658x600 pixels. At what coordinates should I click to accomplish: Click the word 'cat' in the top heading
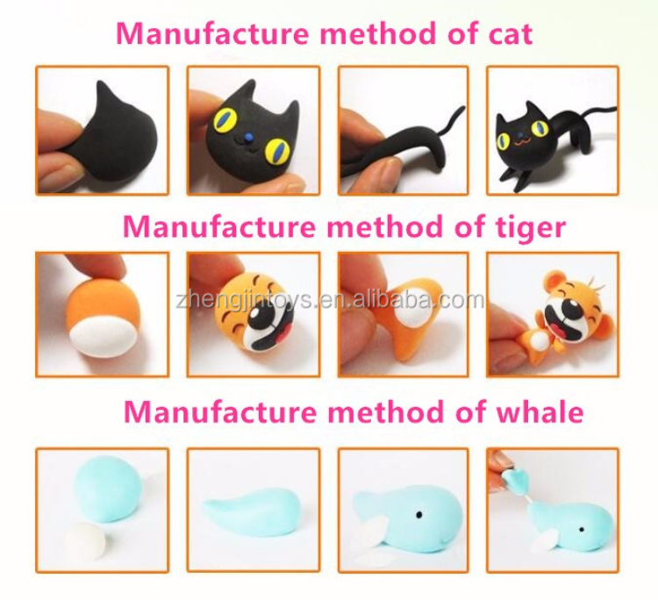(511, 33)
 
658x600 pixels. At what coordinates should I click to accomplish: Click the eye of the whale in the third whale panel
(418, 515)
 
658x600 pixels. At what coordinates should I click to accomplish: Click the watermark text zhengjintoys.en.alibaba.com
(330, 300)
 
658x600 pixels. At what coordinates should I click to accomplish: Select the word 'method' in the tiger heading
(385, 226)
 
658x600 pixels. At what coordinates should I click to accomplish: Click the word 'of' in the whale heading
(471, 411)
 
